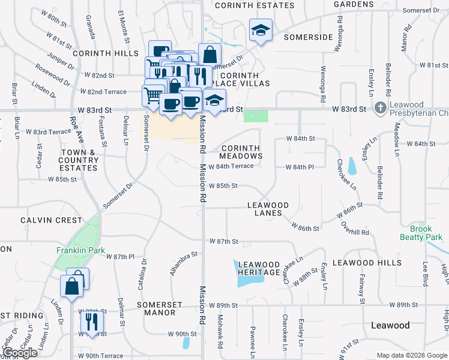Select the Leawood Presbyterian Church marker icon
click(379, 109)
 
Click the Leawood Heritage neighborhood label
click(259, 268)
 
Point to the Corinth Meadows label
click(241, 152)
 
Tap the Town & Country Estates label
click(79, 160)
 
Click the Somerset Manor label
click(160, 308)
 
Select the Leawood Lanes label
click(268, 209)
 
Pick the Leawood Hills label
click(367, 263)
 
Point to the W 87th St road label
click(224, 241)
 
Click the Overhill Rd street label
click(354, 228)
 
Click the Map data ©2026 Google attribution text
click(411, 355)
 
